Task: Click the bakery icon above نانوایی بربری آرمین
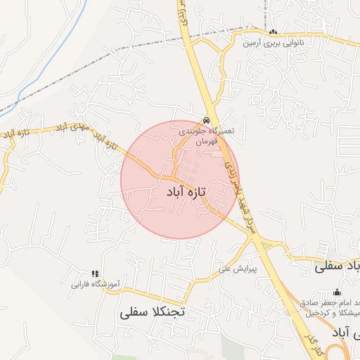(273, 32)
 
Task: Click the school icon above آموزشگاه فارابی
(96, 274)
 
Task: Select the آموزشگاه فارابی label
(96, 285)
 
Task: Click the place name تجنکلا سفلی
(152, 311)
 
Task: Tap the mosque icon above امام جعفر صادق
(337, 292)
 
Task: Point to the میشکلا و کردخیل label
(337, 311)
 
